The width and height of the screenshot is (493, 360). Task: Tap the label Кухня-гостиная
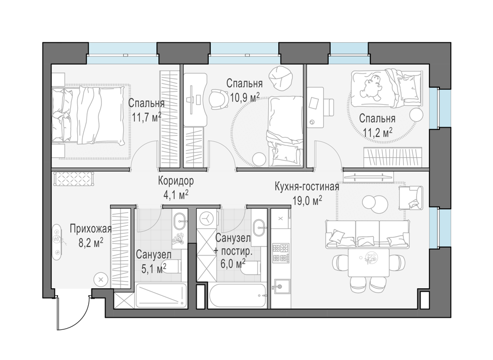coord(307,186)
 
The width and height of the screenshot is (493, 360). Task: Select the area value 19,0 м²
coord(307,200)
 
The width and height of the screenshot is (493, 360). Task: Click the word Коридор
coord(176,181)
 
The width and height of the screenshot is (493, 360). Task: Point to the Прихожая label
coord(90,229)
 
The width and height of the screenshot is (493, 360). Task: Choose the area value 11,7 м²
coord(146,118)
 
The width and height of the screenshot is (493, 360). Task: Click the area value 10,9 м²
coord(245,98)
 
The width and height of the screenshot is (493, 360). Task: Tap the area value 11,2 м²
coord(377,133)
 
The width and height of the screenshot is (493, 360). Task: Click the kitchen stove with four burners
coord(280,253)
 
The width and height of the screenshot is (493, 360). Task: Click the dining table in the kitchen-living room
coord(369,262)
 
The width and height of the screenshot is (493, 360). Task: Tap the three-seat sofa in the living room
coord(368,234)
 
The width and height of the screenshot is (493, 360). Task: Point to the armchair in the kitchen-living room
coord(411,198)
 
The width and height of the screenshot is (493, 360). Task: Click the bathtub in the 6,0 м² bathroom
coord(238,295)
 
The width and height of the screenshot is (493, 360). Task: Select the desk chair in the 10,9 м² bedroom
coord(219,99)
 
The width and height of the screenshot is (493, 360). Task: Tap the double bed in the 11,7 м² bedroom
coord(88,115)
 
